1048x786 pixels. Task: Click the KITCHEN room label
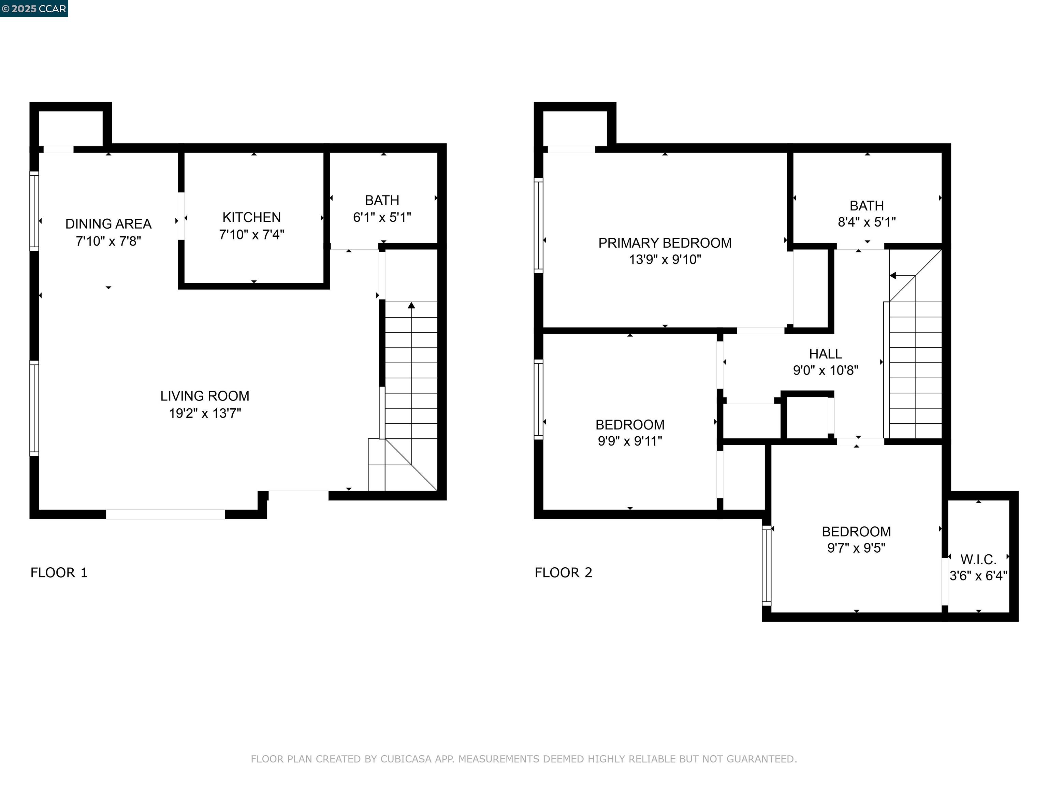click(251, 217)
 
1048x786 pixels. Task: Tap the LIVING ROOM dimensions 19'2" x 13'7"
click(205, 413)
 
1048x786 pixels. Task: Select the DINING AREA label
click(108, 224)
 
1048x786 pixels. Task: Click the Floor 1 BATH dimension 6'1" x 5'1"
click(382, 217)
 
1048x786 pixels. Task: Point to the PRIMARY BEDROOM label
click(664, 243)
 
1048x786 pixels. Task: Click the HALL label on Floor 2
click(825, 354)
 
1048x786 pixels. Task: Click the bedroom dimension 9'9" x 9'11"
click(630, 441)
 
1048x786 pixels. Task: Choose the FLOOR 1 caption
click(59, 573)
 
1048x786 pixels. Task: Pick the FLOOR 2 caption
click(563, 573)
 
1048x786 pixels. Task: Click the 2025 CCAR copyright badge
click(34, 9)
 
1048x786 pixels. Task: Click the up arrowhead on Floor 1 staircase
click(411, 306)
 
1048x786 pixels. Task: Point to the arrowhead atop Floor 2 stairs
click(892, 276)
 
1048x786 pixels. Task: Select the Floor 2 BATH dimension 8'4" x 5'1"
click(866, 222)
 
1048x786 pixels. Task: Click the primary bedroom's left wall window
click(538, 225)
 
